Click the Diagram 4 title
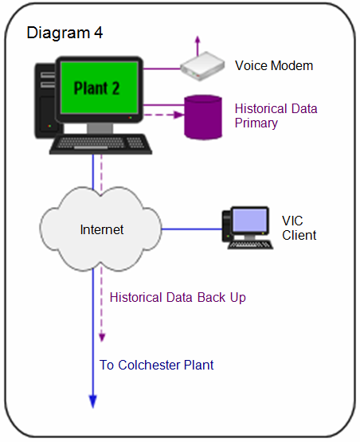(x=65, y=33)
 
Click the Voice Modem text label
(x=273, y=65)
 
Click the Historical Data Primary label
(x=267, y=115)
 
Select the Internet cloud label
(x=102, y=230)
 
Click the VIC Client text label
(x=299, y=228)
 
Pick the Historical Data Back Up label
(x=178, y=297)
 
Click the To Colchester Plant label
(x=156, y=366)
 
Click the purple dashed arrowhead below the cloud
(x=102, y=337)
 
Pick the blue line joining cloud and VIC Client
(x=191, y=229)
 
